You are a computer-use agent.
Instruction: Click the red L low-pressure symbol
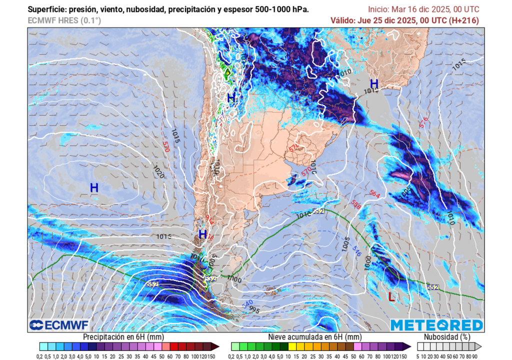pos(391,296)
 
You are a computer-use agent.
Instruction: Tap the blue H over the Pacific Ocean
pos(94,188)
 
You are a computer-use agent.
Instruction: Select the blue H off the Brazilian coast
pos(373,83)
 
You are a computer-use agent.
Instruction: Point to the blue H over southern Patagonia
pos(202,234)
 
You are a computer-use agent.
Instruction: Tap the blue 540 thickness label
pos(247,303)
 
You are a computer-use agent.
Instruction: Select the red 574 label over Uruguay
pos(294,148)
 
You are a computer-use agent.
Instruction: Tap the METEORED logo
pos(436,325)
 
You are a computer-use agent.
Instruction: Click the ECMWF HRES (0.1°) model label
pos(64,20)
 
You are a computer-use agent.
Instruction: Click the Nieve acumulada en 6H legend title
pos(318,337)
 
